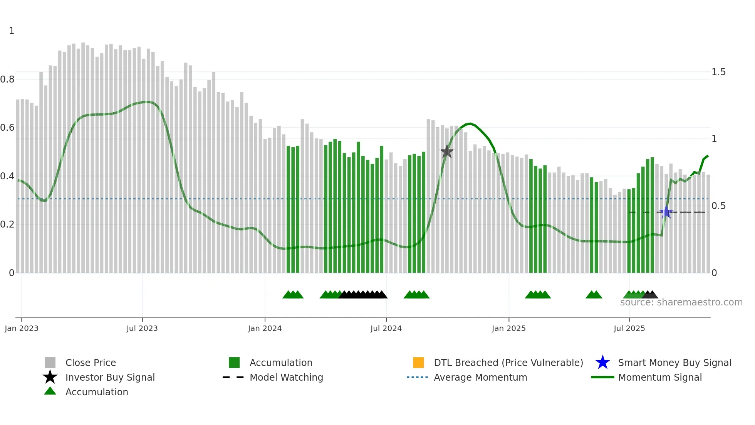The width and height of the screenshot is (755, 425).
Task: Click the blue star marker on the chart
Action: (666, 212)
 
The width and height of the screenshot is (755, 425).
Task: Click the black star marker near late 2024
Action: (447, 152)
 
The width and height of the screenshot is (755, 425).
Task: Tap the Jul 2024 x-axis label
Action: (386, 329)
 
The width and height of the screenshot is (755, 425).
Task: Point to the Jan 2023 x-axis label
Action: (22, 329)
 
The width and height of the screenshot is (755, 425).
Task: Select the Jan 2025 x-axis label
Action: (508, 329)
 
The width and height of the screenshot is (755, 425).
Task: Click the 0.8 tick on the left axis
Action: (7, 79)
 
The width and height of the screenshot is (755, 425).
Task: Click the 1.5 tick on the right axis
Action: (718, 72)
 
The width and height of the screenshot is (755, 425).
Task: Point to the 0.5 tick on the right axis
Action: (718, 206)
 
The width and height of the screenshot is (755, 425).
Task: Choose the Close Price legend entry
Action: (91, 363)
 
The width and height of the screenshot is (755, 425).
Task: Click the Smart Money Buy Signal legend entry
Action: (674, 363)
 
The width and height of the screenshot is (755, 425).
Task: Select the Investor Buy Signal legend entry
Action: (110, 378)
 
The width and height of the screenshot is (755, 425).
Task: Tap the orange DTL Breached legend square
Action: (418, 363)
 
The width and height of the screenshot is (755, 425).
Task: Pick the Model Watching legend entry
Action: (286, 378)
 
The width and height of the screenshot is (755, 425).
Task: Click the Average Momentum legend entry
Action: (480, 378)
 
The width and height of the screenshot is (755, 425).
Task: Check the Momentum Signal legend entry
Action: (660, 378)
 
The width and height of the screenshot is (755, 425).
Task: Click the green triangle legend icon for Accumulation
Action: (50, 391)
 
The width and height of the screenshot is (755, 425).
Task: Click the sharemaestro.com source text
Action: (681, 302)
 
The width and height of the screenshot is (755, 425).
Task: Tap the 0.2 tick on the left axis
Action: (7, 224)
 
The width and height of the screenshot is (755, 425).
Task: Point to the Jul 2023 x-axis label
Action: (142, 329)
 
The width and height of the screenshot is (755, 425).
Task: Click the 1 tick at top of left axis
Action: (12, 31)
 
